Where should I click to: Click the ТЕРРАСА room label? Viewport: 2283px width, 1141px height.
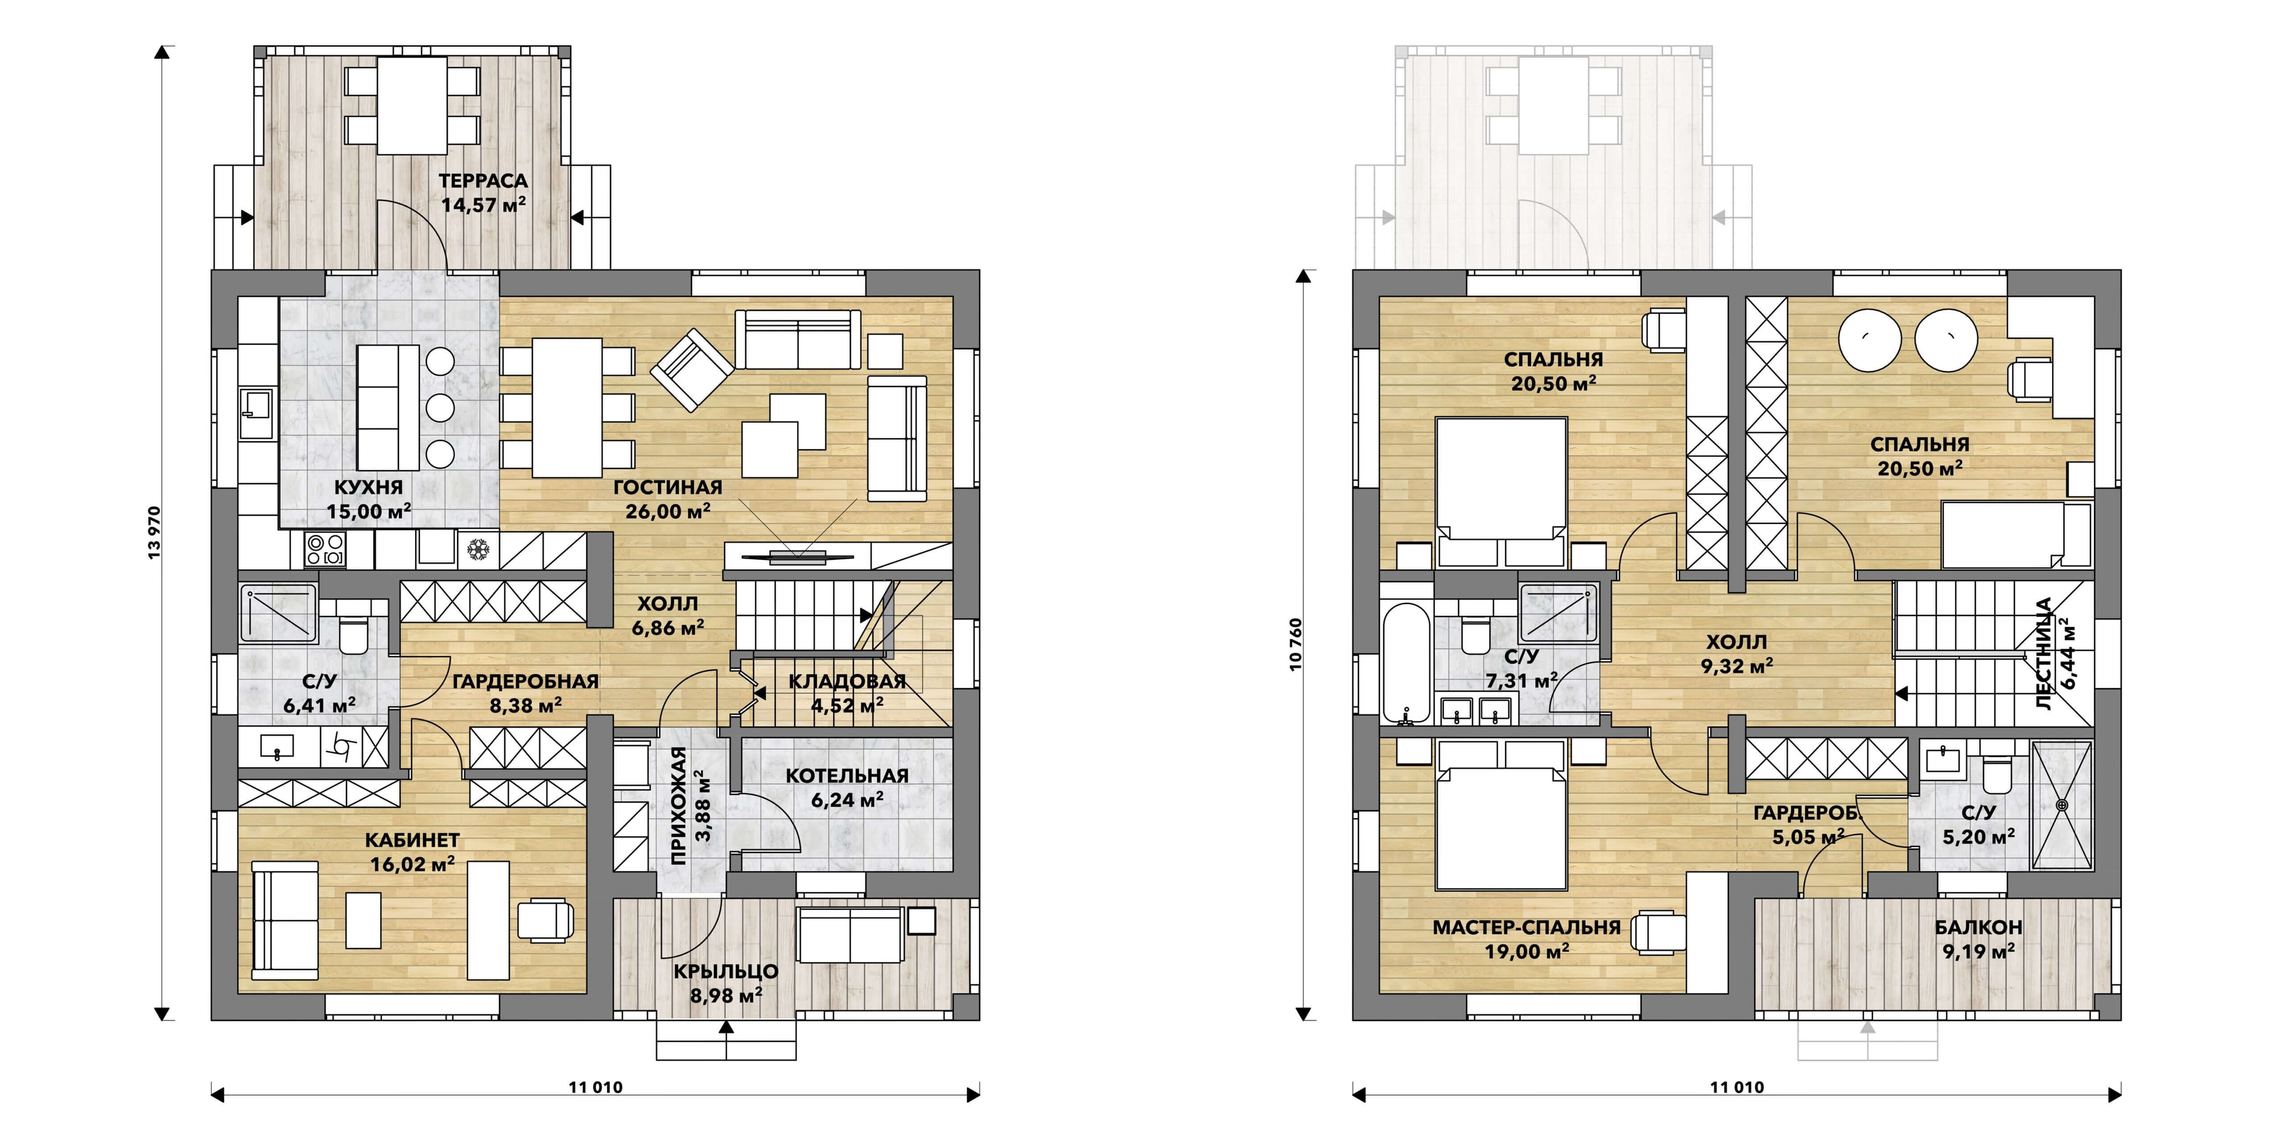(x=483, y=181)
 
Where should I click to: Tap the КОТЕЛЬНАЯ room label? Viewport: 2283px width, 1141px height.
(x=847, y=776)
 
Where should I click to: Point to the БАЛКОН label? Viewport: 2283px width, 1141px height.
(x=1978, y=928)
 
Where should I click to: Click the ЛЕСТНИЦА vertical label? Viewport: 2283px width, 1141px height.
(x=2044, y=654)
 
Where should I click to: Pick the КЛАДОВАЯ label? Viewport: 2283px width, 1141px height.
(x=847, y=681)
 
